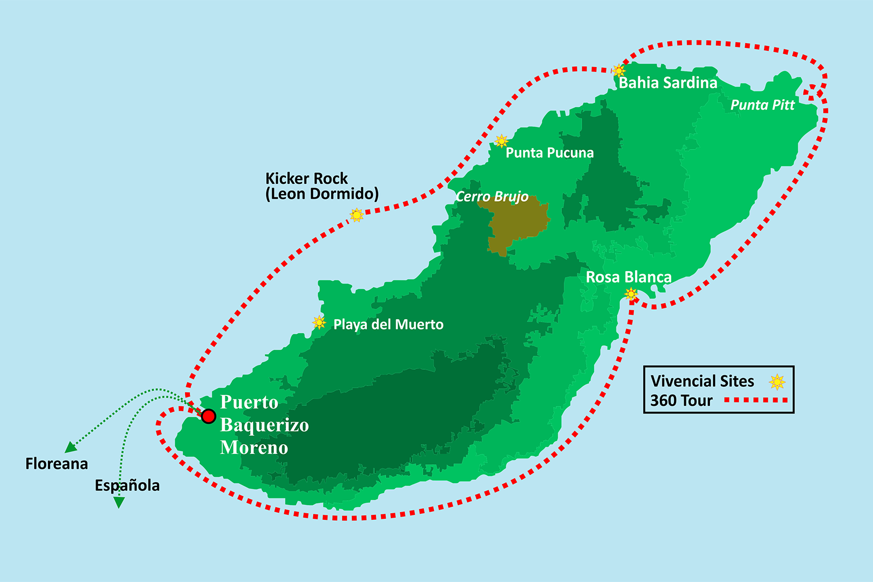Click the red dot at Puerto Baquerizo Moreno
click(208, 416)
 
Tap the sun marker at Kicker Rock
click(357, 215)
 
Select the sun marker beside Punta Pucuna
click(501, 141)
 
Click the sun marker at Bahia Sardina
click(618, 71)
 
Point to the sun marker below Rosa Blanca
click(631, 295)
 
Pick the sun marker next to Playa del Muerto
click(319, 322)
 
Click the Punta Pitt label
click(762, 105)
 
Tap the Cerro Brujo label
click(492, 196)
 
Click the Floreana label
click(57, 464)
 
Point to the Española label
click(127, 485)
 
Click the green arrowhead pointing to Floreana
click(70, 448)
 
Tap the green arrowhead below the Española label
click(118, 503)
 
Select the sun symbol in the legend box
click(777, 381)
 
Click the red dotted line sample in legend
click(756, 400)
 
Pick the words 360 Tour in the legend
click(681, 401)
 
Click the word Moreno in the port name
click(254, 448)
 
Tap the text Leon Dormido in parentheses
click(322, 194)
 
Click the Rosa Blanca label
click(628, 277)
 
